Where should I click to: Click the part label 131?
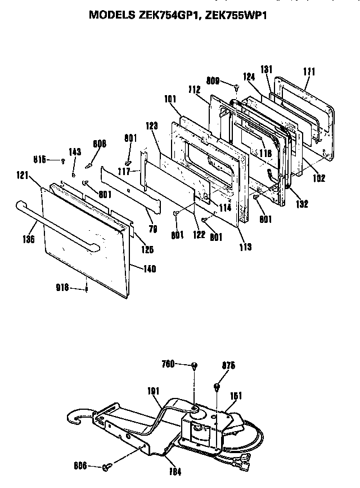click(x=266, y=69)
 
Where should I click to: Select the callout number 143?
click(x=75, y=152)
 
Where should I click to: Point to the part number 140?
click(x=149, y=268)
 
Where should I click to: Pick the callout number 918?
click(x=62, y=288)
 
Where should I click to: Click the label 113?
click(x=244, y=246)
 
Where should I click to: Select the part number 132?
click(x=302, y=204)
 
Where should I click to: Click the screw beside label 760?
click(x=195, y=365)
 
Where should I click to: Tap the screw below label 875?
click(x=217, y=387)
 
